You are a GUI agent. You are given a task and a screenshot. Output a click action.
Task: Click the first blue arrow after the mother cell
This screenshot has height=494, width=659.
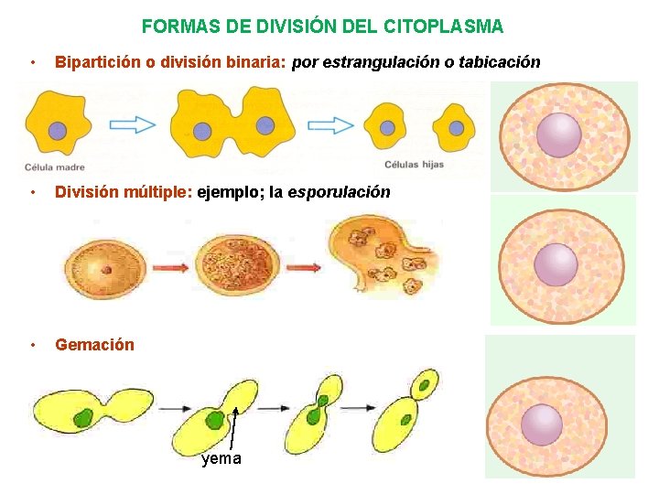(x=135, y=125)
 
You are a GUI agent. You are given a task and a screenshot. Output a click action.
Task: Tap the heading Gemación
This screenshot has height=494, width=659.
(x=94, y=345)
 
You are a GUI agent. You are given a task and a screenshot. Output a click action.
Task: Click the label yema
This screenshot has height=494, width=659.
(x=221, y=458)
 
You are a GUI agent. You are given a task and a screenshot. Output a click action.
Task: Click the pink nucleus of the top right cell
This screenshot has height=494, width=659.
(x=558, y=134)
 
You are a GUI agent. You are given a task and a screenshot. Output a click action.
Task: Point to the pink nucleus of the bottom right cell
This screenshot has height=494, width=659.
(x=542, y=424)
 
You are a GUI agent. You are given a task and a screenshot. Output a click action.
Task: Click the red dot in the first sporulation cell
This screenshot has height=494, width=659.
(x=106, y=270)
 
